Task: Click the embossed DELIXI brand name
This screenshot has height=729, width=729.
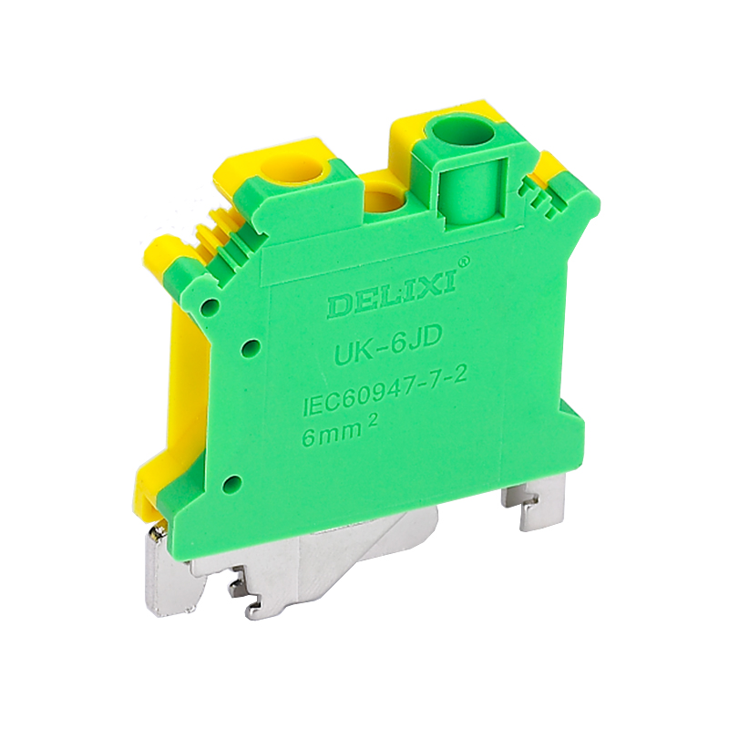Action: coord(392,296)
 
